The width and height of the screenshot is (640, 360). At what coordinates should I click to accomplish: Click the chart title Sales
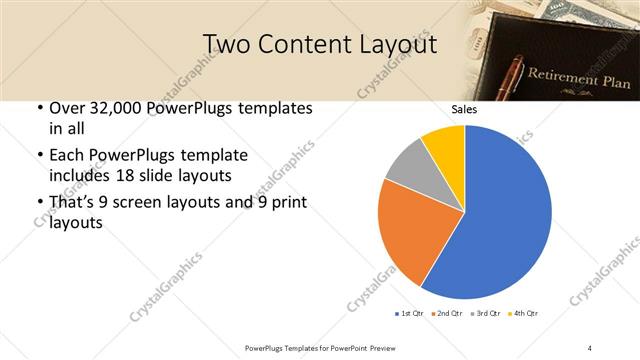click(464, 109)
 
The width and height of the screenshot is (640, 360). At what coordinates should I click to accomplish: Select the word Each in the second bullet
click(67, 156)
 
